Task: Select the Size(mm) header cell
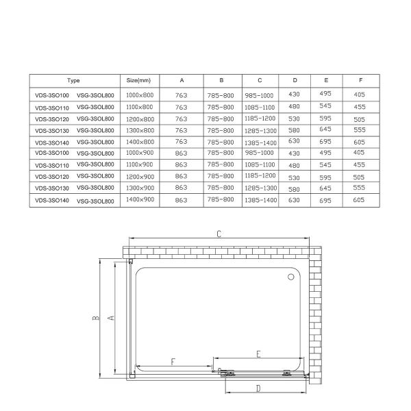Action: coord(139,80)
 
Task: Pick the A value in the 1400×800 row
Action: coord(182,142)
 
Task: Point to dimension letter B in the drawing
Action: coord(97,317)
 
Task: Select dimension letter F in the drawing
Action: coord(173,362)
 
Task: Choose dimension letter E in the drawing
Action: coord(258,353)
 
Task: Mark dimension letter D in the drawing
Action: coord(258,388)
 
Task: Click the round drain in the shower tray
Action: coord(290,277)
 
